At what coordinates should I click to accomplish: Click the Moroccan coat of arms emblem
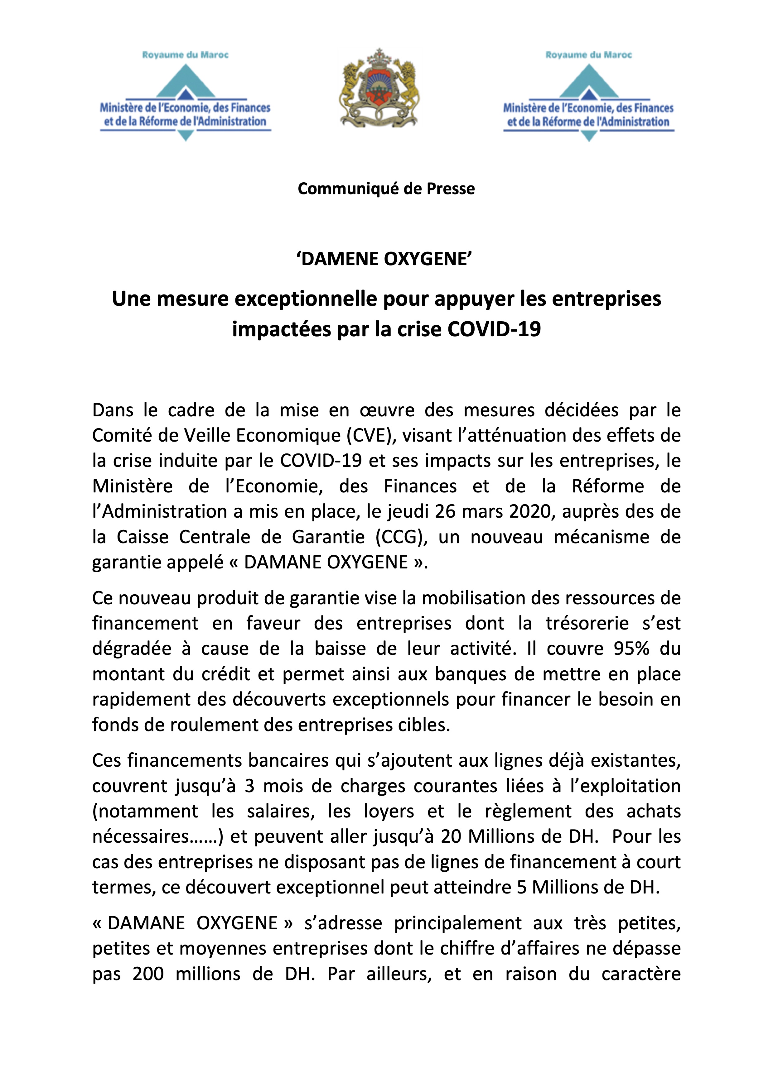click(x=379, y=89)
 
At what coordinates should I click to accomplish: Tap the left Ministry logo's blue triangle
click(x=185, y=82)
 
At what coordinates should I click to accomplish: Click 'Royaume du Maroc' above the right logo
click(x=588, y=55)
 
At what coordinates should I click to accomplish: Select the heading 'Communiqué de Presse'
click(x=386, y=189)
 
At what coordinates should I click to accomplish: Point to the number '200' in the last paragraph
click(x=148, y=974)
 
